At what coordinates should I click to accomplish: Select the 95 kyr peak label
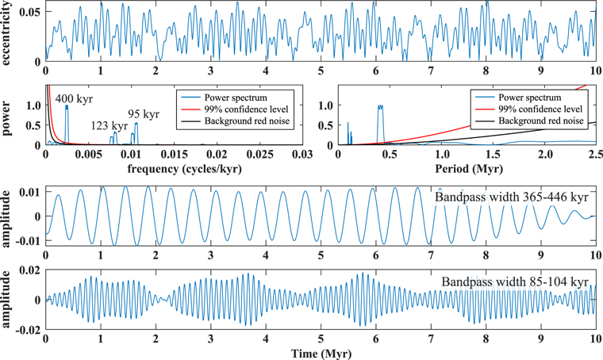[143, 113]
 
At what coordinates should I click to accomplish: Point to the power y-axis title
[9, 114]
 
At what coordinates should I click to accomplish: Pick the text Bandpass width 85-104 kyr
[514, 281]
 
